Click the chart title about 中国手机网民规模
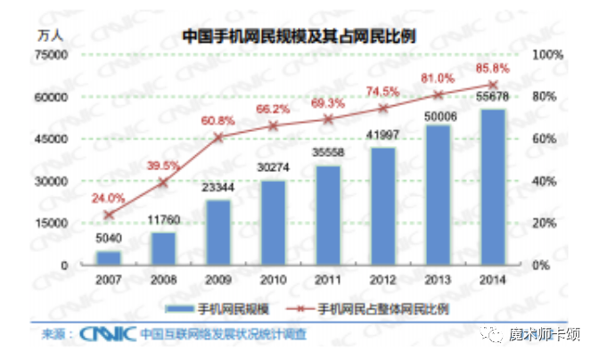pyautogui.click(x=300, y=37)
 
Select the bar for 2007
pyautogui.click(x=109, y=258)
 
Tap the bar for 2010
pyautogui.click(x=274, y=223)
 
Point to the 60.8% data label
pyautogui.click(x=218, y=120)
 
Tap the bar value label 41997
pyautogui.click(x=383, y=137)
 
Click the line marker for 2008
pyautogui.click(x=163, y=182)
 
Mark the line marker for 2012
pyautogui.click(x=383, y=109)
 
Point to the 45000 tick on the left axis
pyautogui.click(x=51, y=139)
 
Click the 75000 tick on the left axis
pyautogui.click(x=51, y=55)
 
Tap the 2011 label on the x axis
pyautogui.click(x=328, y=279)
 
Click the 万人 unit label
pyautogui.click(x=50, y=37)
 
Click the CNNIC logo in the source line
pyautogui.click(x=104, y=335)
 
